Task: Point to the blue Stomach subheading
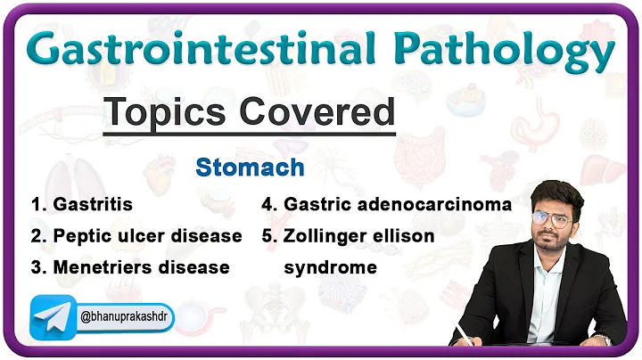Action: click(250, 168)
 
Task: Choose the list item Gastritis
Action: click(92, 205)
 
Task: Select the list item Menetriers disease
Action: click(141, 267)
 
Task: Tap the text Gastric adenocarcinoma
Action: click(398, 205)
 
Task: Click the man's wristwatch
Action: click(603, 338)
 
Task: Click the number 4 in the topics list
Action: click(267, 205)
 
